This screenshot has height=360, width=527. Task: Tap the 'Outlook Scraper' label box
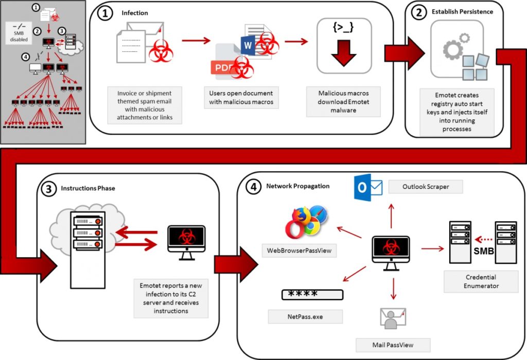pos(425,187)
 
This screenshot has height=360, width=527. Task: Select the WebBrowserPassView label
pos(299,250)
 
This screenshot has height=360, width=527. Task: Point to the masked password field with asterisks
pos(312,295)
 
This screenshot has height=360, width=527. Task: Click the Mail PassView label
pos(393,344)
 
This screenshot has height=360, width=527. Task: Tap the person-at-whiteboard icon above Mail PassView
pos(392,319)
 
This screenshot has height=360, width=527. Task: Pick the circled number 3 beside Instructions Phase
pos(48,188)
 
